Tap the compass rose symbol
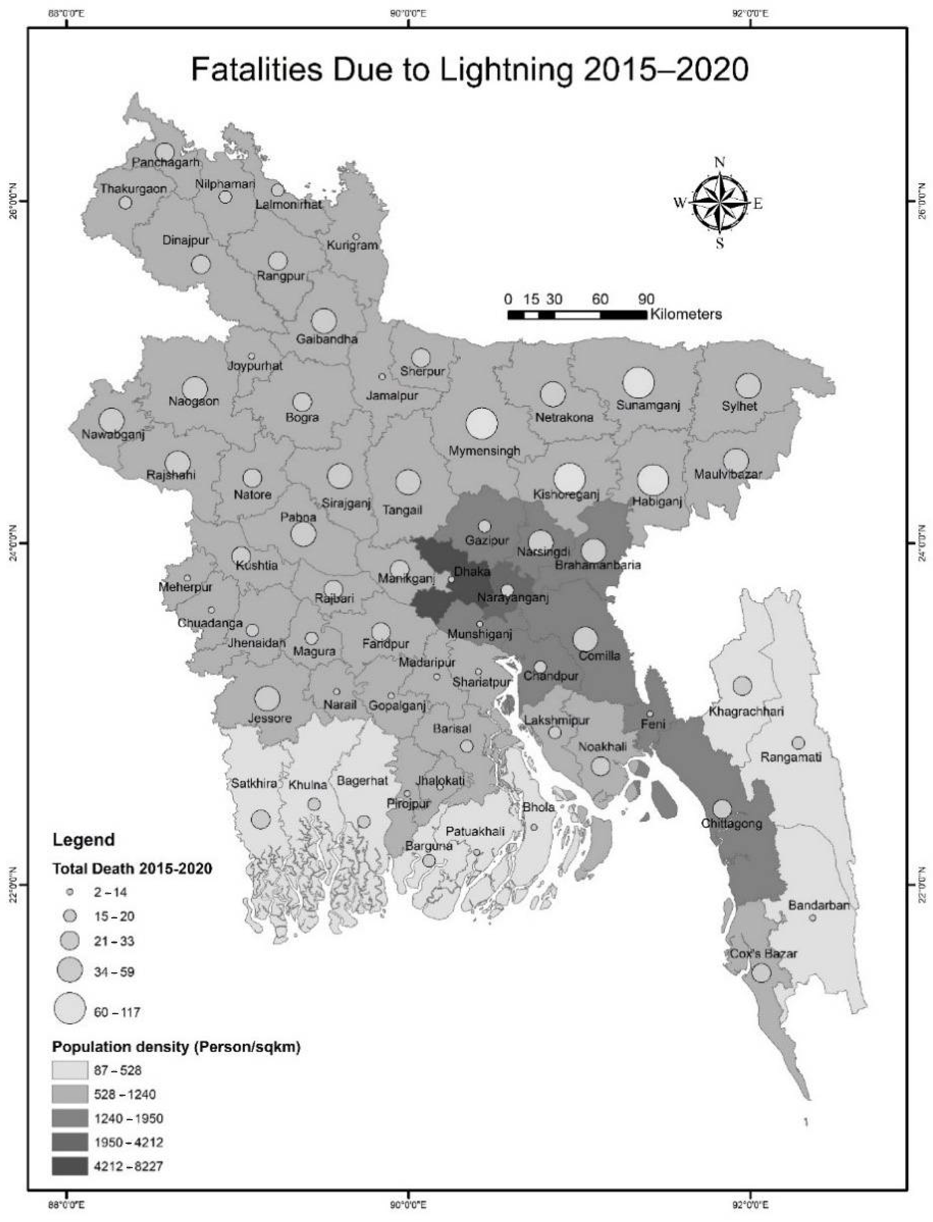click(x=720, y=203)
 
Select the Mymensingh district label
click(x=484, y=451)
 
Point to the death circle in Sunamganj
click(x=638, y=383)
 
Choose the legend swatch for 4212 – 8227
click(x=70, y=1166)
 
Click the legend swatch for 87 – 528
click(x=70, y=1070)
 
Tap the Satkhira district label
click(x=254, y=784)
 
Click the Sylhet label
click(x=739, y=406)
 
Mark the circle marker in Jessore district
click(x=267, y=698)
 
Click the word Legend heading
click(x=83, y=840)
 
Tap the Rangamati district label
click(x=791, y=757)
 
